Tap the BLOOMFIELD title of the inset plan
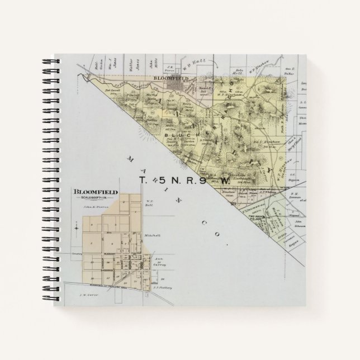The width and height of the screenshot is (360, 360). pos(94,192)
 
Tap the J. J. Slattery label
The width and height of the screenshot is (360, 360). pos(167,288)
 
